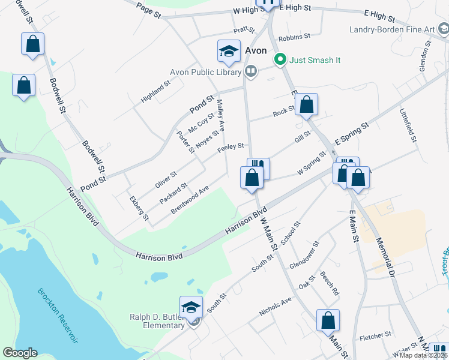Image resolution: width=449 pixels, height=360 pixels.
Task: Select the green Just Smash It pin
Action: pos(279,59)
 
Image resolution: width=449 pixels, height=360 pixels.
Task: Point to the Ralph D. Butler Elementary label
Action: pos(157,321)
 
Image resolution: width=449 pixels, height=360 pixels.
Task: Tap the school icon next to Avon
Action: pos(228,52)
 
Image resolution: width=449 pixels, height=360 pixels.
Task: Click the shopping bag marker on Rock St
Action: pos(306,105)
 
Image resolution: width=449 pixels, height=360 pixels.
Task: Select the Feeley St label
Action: pos(231,146)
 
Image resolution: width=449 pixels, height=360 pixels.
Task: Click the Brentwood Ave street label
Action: pos(190,199)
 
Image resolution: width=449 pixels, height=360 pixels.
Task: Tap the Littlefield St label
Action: pos(409,125)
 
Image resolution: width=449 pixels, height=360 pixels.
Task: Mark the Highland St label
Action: pos(155,92)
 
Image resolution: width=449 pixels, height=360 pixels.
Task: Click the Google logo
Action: pos(20,353)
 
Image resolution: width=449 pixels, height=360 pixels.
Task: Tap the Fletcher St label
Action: pos(375,337)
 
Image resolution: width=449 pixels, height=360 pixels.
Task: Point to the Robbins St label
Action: pos(294,37)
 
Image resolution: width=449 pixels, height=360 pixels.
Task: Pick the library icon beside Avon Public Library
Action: pos(251,72)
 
